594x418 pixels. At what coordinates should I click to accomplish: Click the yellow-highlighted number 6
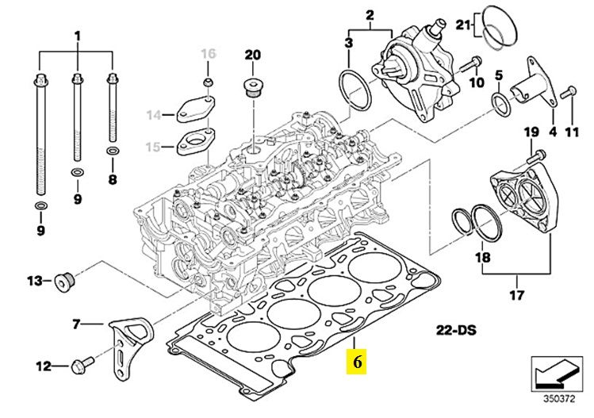coord(357,362)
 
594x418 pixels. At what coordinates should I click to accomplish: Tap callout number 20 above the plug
coord(252,55)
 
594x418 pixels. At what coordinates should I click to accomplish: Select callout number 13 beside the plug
coord(34,281)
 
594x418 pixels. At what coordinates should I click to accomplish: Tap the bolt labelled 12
coord(81,366)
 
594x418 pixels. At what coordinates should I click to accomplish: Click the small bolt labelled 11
coord(567,94)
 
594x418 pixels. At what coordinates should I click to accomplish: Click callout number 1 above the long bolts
coord(78,36)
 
